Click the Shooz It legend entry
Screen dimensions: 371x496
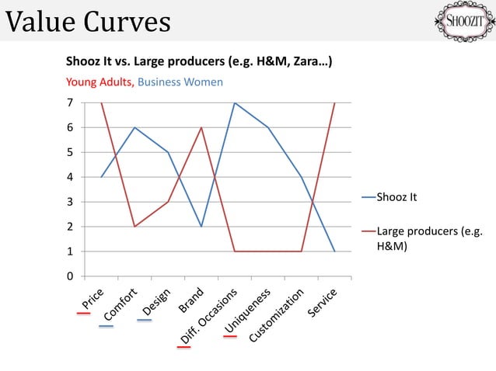pos(396,197)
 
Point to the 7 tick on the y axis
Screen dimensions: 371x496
pos(70,102)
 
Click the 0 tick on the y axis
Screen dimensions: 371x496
pos(70,276)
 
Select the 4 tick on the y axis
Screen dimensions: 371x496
pos(70,177)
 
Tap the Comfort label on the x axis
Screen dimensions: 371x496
pos(120,305)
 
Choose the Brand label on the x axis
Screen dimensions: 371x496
pos(191,300)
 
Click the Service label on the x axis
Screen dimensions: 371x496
pos(322,303)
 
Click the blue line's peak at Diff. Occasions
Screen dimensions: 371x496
pos(235,102)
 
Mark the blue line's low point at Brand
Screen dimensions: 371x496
pos(201,227)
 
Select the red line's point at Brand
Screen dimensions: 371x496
pos(201,127)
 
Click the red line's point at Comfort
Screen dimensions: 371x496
pos(134,227)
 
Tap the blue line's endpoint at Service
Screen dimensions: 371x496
pos(335,251)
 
